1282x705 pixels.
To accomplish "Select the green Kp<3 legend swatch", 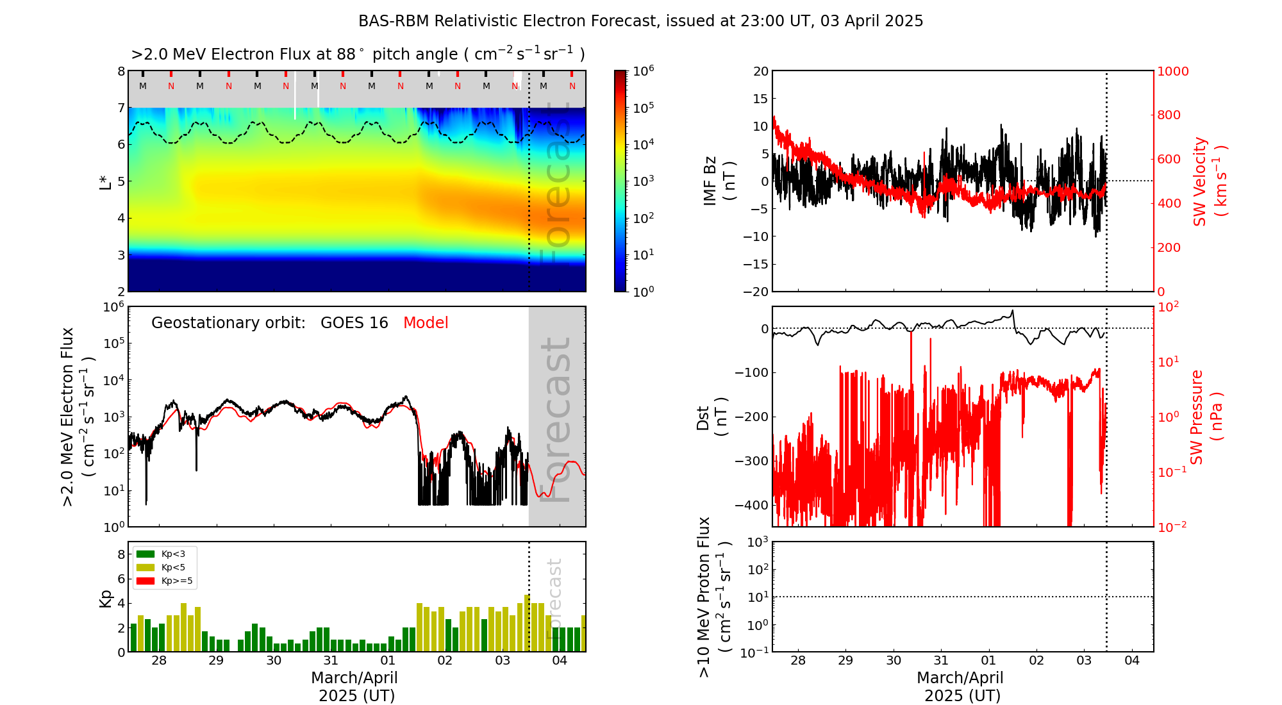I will point(146,554).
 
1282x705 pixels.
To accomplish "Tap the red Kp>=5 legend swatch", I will point(146,581).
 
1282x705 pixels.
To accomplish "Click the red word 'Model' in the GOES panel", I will point(426,323).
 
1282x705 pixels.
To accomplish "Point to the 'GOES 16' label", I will point(354,323).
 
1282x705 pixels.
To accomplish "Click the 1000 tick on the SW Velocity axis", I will point(1172,71).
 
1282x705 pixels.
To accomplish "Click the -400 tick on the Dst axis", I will point(752,505).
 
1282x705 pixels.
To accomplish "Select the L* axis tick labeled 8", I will point(121,71).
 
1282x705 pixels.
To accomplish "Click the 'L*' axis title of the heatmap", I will point(105,181).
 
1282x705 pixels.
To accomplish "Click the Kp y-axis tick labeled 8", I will point(121,554).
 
